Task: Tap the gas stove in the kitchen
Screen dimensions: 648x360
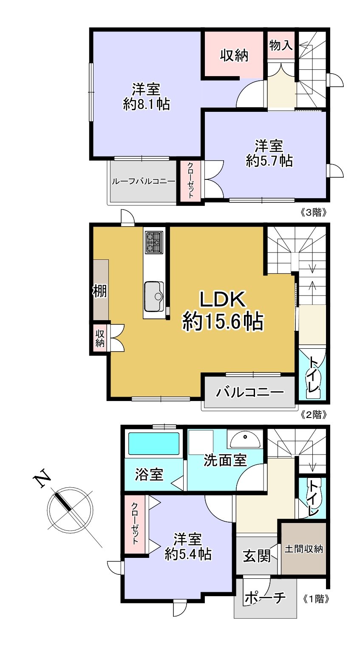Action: tap(154, 242)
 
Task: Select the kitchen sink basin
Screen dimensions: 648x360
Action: tap(153, 296)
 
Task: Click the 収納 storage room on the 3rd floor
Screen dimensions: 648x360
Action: tap(234, 55)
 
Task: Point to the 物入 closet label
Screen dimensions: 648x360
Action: tap(281, 45)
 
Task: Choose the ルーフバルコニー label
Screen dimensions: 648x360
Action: tap(143, 181)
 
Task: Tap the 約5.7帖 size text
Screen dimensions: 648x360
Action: tap(269, 160)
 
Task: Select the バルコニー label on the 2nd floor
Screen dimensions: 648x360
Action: tap(249, 392)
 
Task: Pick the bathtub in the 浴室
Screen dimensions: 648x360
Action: tap(153, 444)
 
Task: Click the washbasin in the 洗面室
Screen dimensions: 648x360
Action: tap(245, 440)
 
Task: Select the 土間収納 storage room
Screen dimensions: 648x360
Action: tap(303, 549)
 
